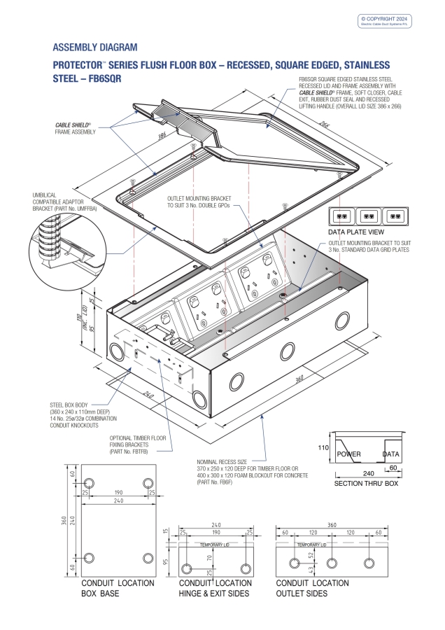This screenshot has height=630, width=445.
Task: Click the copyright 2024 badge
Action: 386,20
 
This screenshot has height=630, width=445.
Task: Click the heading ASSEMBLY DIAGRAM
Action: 95,48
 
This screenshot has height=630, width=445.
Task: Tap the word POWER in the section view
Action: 348,454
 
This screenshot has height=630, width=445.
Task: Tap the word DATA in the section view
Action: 391,454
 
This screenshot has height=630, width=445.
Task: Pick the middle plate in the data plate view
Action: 371,215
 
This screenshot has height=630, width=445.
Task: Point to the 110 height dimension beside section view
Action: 324,447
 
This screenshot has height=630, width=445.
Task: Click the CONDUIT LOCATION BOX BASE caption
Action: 108,588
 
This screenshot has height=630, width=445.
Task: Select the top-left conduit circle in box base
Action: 89,484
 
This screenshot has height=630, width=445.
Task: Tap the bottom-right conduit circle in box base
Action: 147,557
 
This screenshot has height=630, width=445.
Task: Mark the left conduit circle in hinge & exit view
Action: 187,567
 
